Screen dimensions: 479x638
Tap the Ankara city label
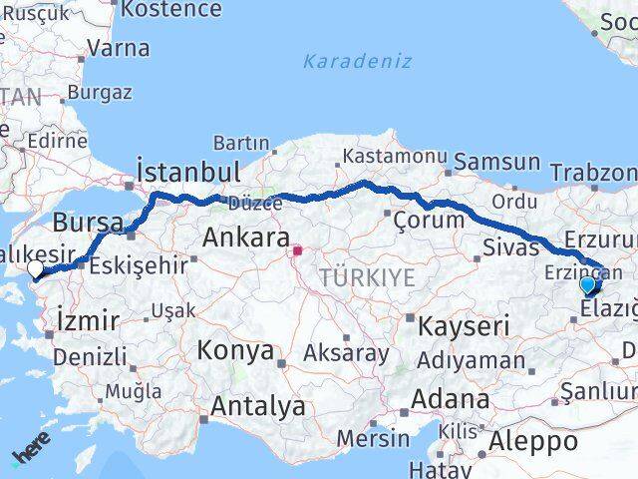[x=245, y=238]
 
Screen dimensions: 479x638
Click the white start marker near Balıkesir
[x=36, y=269]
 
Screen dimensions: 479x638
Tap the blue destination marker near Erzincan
[x=588, y=284]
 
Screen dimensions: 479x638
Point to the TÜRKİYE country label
[x=367, y=278]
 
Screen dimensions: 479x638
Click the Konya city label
[x=235, y=350]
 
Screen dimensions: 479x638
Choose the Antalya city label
[x=258, y=406]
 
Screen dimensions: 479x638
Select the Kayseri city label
[x=465, y=325]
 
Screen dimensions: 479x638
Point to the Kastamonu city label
[x=394, y=156]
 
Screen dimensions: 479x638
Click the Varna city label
[x=119, y=48]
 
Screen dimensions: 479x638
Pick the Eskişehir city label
[x=139, y=266]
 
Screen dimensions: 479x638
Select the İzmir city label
[x=89, y=320]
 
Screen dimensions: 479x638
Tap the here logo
[x=31, y=456]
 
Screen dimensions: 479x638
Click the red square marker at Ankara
[x=297, y=250]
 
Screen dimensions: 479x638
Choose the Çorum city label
[x=429, y=220]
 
